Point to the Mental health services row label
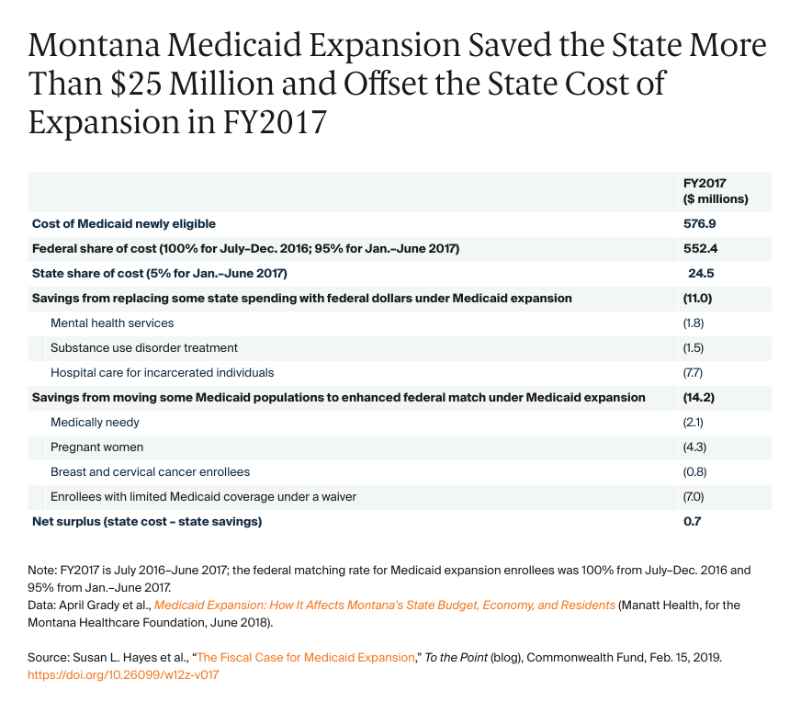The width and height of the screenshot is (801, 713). (x=112, y=323)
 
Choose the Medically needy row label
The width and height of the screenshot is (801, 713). (x=96, y=423)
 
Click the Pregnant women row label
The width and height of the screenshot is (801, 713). (x=96, y=447)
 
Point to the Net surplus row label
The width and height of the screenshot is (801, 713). (x=147, y=522)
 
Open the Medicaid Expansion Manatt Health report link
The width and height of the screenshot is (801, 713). (x=385, y=605)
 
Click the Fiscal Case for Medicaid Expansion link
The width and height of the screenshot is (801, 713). (x=306, y=657)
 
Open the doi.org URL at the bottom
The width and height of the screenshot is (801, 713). (x=124, y=674)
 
